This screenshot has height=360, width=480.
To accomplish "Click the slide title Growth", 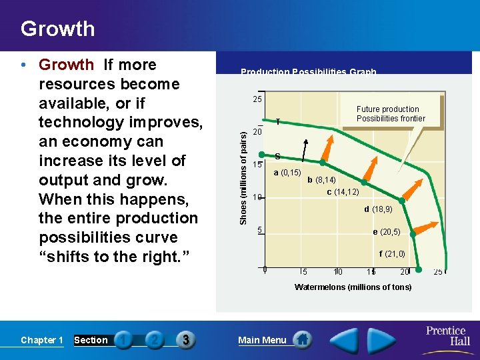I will (58, 29).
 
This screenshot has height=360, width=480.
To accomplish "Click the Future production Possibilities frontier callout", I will (390, 114).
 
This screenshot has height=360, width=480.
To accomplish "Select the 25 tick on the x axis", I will (438, 271).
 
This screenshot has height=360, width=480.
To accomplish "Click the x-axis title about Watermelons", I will (353, 287).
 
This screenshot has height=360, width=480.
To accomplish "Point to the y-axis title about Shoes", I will (244, 177).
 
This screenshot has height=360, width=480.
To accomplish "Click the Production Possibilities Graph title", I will (308, 72).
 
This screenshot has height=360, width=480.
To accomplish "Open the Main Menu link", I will (262, 340).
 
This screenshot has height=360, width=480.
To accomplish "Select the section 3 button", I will (185, 340).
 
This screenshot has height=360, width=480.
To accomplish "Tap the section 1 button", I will (123, 340).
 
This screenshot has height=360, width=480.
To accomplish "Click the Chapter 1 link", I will (42, 340).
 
